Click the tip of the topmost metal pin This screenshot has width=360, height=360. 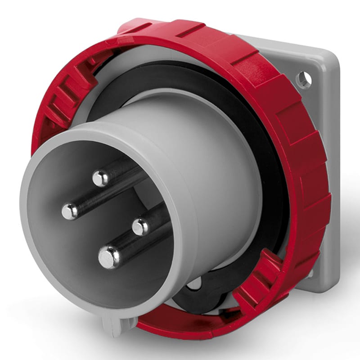point(100,178)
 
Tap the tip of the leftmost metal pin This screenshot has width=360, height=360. point(70,211)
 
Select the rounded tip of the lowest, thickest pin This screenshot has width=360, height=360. point(108,257)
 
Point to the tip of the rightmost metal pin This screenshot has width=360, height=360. point(140,226)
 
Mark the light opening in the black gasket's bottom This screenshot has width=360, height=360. point(195,283)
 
